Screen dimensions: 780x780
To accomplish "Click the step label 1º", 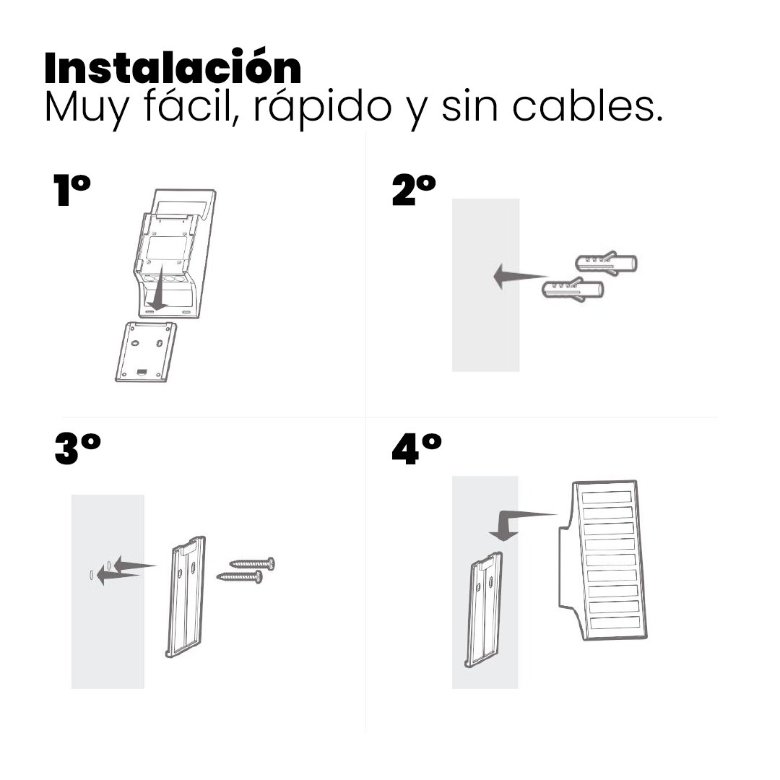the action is [x=71, y=189].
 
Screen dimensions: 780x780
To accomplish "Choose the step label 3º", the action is [x=77, y=449].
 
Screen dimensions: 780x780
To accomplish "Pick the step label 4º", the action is [x=417, y=449].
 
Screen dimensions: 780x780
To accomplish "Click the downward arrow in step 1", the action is [x=159, y=287].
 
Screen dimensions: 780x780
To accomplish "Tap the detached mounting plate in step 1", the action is [x=146, y=352].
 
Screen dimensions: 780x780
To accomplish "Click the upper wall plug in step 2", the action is [x=606, y=264].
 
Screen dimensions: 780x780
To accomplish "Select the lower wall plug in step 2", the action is [x=573, y=289].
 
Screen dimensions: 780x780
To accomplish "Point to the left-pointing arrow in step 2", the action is [x=520, y=277].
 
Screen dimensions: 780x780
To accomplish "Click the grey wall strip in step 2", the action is [x=485, y=285].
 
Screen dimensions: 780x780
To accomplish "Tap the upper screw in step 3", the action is [x=252, y=563].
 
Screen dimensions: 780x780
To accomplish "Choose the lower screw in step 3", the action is [x=240, y=576].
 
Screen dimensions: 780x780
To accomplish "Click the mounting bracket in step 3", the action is [x=185, y=597].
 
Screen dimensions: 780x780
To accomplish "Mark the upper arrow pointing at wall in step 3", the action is [x=135, y=565].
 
